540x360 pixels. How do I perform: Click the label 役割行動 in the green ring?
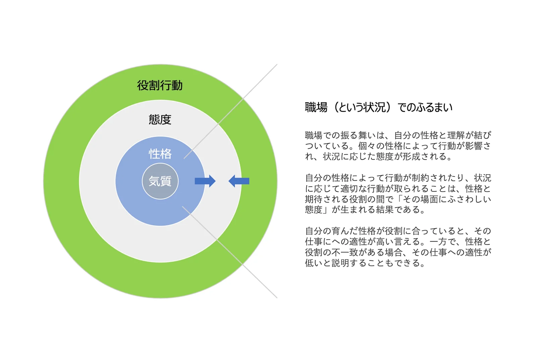tap(160, 86)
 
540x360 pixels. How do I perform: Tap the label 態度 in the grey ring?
tap(160, 119)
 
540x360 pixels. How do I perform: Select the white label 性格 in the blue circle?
tap(160, 154)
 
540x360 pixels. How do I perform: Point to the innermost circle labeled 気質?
tap(160, 181)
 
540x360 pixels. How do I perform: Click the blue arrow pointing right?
tap(205, 181)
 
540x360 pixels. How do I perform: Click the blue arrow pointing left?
tap(239, 181)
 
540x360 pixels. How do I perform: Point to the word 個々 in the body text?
tap(367, 146)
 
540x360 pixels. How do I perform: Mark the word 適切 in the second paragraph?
tap(349, 189)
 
